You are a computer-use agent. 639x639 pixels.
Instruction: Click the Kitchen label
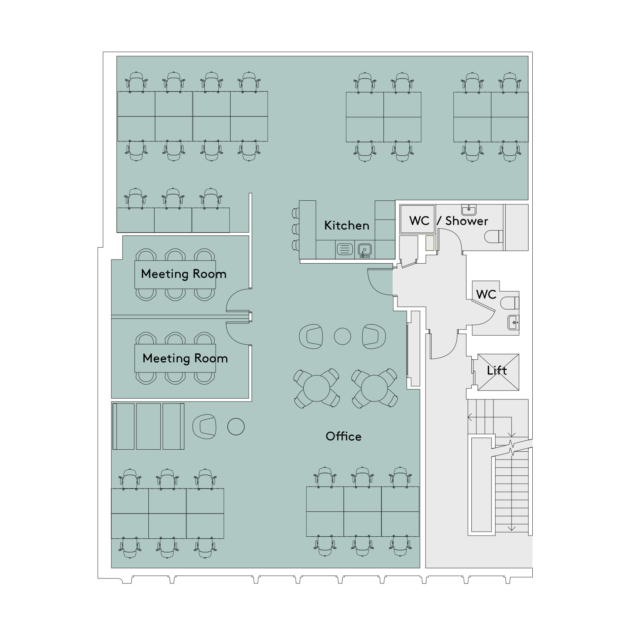pyautogui.click(x=346, y=225)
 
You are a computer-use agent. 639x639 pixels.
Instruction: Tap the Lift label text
pyautogui.click(x=497, y=370)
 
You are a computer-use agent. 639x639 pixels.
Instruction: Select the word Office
pyautogui.click(x=343, y=436)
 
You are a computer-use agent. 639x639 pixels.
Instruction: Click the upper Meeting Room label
pyautogui.click(x=184, y=274)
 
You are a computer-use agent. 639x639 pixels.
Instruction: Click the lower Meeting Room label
pyautogui.click(x=185, y=358)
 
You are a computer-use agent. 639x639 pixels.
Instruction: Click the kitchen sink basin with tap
pyautogui.click(x=364, y=250)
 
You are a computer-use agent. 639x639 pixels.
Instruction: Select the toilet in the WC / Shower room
pyautogui.click(x=493, y=237)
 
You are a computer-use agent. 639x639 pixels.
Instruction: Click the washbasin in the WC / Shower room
pyautogui.click(x=469, y=210)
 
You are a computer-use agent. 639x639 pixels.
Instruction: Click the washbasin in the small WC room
pyautogui.click(x=513, y=323)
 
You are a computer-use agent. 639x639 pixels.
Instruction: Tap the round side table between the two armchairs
pyautogui.click(x=343, y=336)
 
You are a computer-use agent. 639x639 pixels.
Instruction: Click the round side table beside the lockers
pyautogui.click(x=236, y=427)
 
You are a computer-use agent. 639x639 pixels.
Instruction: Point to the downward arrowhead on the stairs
pyautogui.click(x=511, y=528)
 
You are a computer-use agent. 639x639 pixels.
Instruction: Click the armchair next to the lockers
pyautogui.click(x=204, y=426)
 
